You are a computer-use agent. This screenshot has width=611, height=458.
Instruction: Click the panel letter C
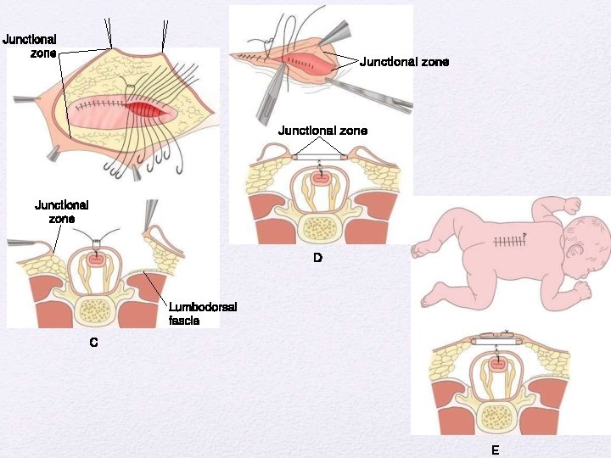(93, 343)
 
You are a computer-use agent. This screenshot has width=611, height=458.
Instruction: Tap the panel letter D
(317, 257)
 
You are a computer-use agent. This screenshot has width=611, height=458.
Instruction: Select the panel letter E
(495, 450)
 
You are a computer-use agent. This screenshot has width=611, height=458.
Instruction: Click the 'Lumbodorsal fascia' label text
(202, 314)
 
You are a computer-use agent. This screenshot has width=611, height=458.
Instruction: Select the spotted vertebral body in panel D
(319, 226)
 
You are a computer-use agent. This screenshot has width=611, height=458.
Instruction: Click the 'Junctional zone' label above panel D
(322, 131)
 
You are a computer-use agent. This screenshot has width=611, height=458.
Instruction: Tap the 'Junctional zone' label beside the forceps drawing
(404, 62)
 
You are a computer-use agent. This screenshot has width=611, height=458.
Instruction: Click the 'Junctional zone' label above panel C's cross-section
(61, 210)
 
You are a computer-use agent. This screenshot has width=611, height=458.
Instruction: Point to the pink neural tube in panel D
(320, 179)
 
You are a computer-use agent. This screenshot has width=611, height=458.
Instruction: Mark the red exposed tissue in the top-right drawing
(301, 61)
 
